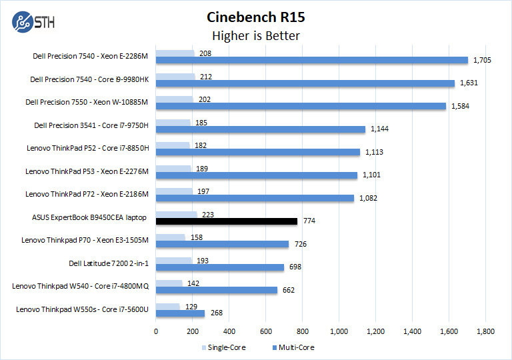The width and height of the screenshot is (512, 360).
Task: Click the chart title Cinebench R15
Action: coord(256,17)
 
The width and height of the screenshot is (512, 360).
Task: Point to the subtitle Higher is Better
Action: coord(256,35)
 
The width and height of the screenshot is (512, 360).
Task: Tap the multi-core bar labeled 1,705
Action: coord(312,60)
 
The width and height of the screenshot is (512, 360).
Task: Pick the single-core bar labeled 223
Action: coord(177,214)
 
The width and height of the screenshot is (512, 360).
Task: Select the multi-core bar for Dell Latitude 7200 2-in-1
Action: coord(220,267)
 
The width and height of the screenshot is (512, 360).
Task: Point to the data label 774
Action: coord(309,221)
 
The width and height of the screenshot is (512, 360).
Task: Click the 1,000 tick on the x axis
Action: coord(339,331)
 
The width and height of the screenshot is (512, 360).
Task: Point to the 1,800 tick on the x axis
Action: coord(485,331)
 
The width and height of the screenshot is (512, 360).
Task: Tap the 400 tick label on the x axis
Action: coord(229,331)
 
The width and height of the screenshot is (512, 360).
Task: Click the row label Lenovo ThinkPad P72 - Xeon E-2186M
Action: coord(86,194)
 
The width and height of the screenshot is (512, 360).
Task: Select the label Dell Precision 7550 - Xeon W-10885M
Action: coord(86,102)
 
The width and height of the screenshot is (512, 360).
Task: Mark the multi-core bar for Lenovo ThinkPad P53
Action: coord(257,175)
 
